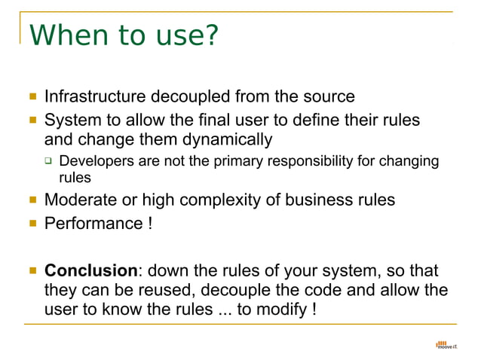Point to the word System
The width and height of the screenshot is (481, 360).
[72, 121]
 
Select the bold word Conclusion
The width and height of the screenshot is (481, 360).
[91, 270]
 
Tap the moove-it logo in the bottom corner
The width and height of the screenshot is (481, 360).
[446, 346]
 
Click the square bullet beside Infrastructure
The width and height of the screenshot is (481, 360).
[32, 97]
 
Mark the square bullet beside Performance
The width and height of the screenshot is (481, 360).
[32, 224]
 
